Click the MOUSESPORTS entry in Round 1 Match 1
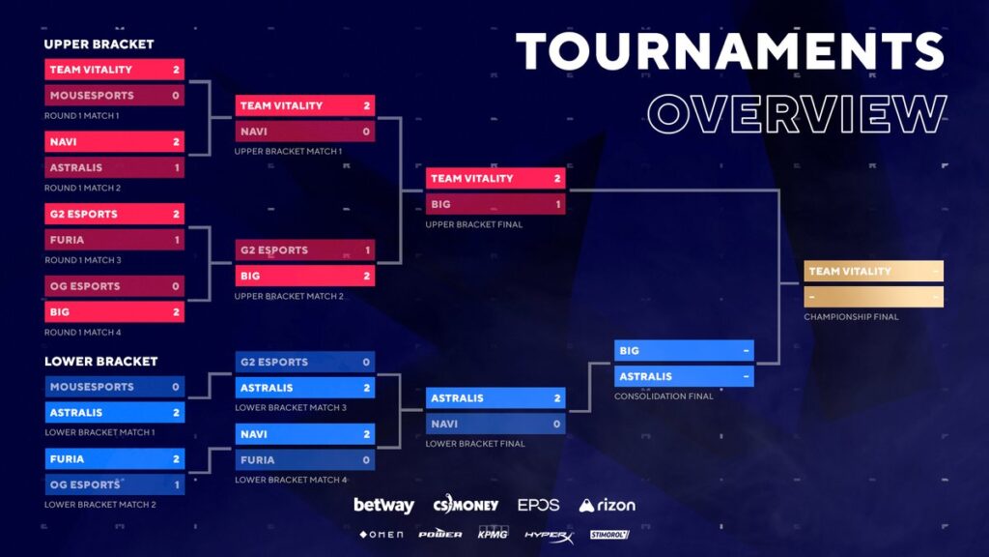(114, 96)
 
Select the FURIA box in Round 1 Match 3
(114, 240)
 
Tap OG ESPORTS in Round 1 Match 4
(114, 286)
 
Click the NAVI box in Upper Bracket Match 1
(305, 132)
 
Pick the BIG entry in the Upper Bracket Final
(495, 204)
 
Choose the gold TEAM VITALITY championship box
(873, 271)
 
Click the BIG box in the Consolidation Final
(684, 350)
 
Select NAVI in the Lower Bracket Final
(495, 424)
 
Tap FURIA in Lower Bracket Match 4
(305, 459)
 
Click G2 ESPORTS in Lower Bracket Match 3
(305, 362)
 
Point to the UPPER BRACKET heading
(99, 44)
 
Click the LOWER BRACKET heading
(100, 362)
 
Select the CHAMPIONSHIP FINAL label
(851, 317)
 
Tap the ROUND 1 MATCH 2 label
(83, 188)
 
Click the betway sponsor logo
(383, 505)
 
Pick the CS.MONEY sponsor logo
(466, 504)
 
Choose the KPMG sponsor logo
(493, 533)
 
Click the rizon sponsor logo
(607, 505)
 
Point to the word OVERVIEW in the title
(797, 114)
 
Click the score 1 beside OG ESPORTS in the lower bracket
(177, 485)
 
